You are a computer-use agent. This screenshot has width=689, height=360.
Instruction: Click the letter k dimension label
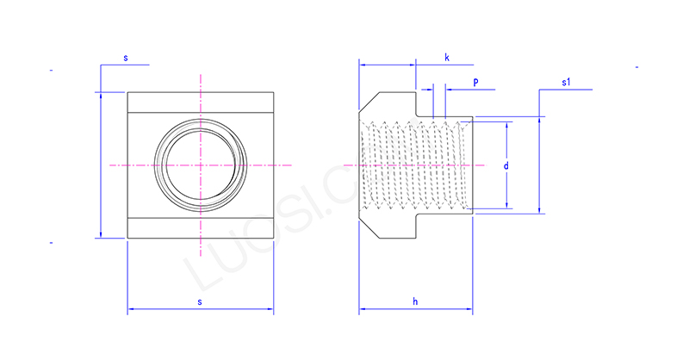click(447, 57)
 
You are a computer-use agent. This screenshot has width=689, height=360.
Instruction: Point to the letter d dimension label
click(506, 164)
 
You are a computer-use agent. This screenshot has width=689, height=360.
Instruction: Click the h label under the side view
click(414, 301)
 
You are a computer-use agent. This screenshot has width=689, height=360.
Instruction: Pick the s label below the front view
click(200, 301)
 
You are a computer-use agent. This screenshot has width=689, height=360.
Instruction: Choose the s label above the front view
click(126, 58)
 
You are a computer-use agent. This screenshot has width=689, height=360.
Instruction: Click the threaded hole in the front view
click(200, 164)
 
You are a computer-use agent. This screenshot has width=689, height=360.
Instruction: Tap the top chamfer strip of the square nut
click(200, 102)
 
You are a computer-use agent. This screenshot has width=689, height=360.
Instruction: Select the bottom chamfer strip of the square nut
click(200, 228)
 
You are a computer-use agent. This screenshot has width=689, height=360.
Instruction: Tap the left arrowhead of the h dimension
click(363, 309)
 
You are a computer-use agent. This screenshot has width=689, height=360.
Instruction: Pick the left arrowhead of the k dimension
click(363, 64)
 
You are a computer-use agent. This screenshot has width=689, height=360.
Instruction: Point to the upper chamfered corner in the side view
click(367, 102)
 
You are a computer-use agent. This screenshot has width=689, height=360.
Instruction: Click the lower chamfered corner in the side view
click(367, 227)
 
